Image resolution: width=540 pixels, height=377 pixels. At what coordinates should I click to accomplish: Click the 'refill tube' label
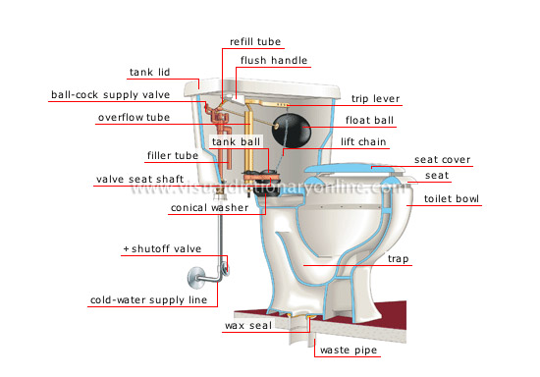(x=255, y=42)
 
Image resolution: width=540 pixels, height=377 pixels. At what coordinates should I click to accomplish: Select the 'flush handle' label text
(x=275, y=60)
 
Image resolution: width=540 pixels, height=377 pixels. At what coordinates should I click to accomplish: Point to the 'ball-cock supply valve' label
(x=111, y=95)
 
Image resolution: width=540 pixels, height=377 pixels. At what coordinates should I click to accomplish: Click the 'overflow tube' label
(x=135, y=118)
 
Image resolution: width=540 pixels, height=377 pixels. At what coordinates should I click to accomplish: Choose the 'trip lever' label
(x=378, y=99)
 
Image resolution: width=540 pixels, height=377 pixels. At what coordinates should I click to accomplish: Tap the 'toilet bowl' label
(x=452, y=198)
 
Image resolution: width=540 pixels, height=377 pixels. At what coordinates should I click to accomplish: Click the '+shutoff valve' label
(x=161, y=249)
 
